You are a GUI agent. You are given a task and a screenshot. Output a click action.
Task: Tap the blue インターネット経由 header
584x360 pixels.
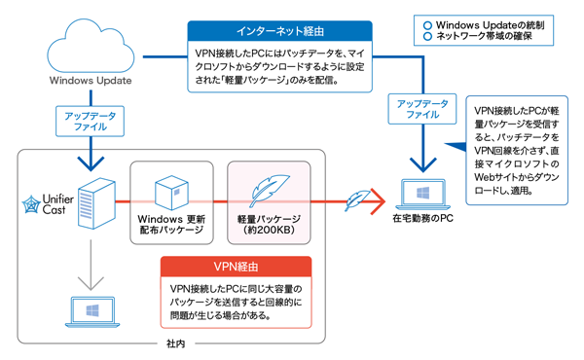pos(279,31)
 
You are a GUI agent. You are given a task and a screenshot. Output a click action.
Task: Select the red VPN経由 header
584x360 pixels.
pos(236,267)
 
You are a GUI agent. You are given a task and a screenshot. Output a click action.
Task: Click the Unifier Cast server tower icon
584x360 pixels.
pos(96,203)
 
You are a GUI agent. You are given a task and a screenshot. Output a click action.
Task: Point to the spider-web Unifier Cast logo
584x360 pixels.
pos(31,204)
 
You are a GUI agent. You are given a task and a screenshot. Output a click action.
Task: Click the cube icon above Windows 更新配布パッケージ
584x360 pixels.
pos(171,193)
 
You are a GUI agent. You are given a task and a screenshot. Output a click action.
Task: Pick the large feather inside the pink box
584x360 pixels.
pos(269,190)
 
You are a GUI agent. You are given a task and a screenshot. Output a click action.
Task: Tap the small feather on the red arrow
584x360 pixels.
pos(357,200)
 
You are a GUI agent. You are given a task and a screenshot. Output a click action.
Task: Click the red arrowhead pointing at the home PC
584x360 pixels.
pos(378,201)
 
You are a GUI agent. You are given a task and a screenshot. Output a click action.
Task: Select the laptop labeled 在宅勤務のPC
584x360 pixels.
pos(422,195)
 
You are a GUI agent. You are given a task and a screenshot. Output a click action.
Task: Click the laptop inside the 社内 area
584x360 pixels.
pos(92,312)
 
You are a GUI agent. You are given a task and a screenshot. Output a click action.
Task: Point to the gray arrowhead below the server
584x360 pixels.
pos(91,283)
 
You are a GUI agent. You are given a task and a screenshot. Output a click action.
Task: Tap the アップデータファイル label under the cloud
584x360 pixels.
pos(90,122)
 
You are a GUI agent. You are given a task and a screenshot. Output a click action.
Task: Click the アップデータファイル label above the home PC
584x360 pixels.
pos(422,109)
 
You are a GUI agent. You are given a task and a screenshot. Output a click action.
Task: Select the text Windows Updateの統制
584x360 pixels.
pos(490,25)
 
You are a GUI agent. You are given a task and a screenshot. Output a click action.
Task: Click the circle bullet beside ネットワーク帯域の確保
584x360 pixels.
pos(427,36)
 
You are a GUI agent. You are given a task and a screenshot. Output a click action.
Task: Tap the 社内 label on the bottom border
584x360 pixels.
pos(175,343)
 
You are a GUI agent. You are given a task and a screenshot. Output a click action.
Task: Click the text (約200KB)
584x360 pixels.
pos(269,230)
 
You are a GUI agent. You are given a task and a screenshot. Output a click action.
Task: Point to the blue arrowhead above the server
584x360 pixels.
pos(91,163)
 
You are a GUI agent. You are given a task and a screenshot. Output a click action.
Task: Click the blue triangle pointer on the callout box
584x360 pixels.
pos(457,146)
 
